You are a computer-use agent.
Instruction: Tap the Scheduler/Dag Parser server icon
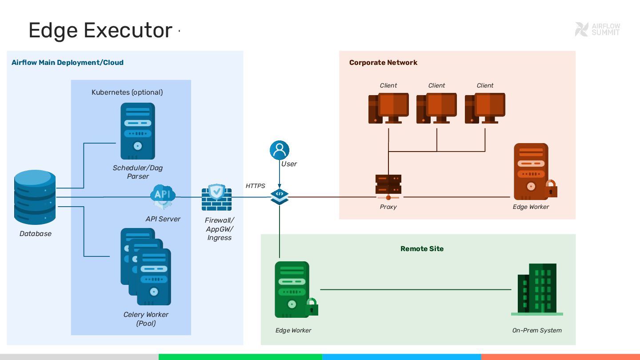138,131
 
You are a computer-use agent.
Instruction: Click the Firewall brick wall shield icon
216,197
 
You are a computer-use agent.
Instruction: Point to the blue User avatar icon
280,150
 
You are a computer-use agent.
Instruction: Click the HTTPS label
256,186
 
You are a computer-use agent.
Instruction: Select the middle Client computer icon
436,108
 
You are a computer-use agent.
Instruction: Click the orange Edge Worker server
531,172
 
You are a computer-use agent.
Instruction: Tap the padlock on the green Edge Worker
312,307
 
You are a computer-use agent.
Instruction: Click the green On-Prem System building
537,289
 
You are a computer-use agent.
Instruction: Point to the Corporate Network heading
383,63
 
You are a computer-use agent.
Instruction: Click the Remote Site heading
422,249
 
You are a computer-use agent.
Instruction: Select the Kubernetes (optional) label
127,92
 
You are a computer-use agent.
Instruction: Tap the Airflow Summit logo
597,29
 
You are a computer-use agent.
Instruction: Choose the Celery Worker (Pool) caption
146,319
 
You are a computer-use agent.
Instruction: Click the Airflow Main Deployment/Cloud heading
68,63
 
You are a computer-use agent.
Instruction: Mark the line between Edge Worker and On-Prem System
416,290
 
